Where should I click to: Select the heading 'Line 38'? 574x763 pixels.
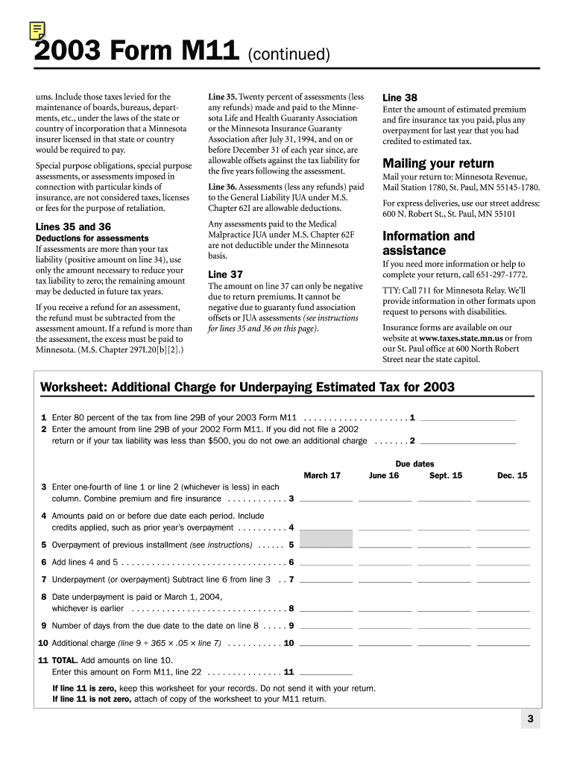coord(400,98)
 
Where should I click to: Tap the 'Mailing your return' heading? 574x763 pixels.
coord(438,163)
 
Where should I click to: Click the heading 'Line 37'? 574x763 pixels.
coord(225,274)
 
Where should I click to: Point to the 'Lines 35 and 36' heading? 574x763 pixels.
coord(73,227)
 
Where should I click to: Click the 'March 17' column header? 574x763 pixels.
coord(322,475)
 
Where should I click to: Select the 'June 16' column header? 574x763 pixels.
coord(383,475)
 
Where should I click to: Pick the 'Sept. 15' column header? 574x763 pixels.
coord(445,475)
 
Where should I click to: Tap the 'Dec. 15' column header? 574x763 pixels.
coord(511,475)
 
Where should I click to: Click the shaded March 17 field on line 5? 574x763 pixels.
coord(326,538)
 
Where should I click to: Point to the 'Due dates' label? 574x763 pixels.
coord(414,463)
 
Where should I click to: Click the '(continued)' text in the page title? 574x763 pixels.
coord(288,54)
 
